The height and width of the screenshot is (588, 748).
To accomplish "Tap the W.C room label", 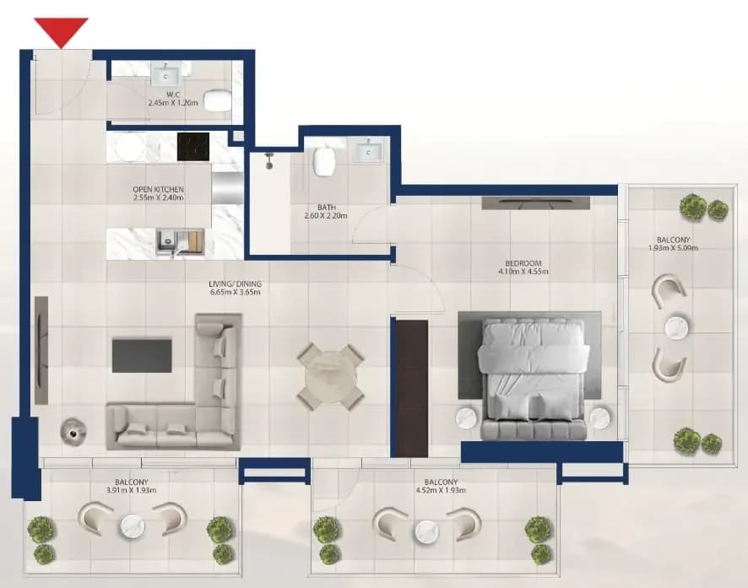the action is pos(173,94).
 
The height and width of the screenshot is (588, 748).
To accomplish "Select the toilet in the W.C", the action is pos(217,100).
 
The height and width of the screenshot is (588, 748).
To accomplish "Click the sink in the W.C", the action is pos(165,73).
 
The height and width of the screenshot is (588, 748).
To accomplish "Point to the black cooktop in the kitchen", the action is pos(192,147).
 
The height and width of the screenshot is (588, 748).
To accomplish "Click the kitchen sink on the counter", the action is pos(168,240).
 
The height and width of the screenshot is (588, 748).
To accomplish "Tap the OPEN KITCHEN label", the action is pos(159,190).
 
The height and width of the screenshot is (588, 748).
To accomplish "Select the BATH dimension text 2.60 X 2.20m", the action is pos(326,216).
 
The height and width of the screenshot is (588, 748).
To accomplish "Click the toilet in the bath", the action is pos(324,161).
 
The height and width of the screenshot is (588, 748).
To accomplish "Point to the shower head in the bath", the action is pos(269,159).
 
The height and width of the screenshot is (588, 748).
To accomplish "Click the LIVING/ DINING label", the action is pos(236,284).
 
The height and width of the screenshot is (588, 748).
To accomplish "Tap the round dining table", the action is pos(331,376).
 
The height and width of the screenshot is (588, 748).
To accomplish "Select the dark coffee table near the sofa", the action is pos(142,355).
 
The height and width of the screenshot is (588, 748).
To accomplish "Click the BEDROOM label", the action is pos(523,263).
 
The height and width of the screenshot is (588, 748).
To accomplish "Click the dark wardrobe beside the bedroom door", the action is pos(412,388).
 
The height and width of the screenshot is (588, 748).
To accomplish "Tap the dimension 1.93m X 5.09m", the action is pos(673,248).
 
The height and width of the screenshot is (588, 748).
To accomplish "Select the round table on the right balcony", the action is pos(677,327).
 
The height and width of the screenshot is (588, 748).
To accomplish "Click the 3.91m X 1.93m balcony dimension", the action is pos(132,490).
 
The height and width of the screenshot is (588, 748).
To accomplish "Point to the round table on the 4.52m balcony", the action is pos(427,532).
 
